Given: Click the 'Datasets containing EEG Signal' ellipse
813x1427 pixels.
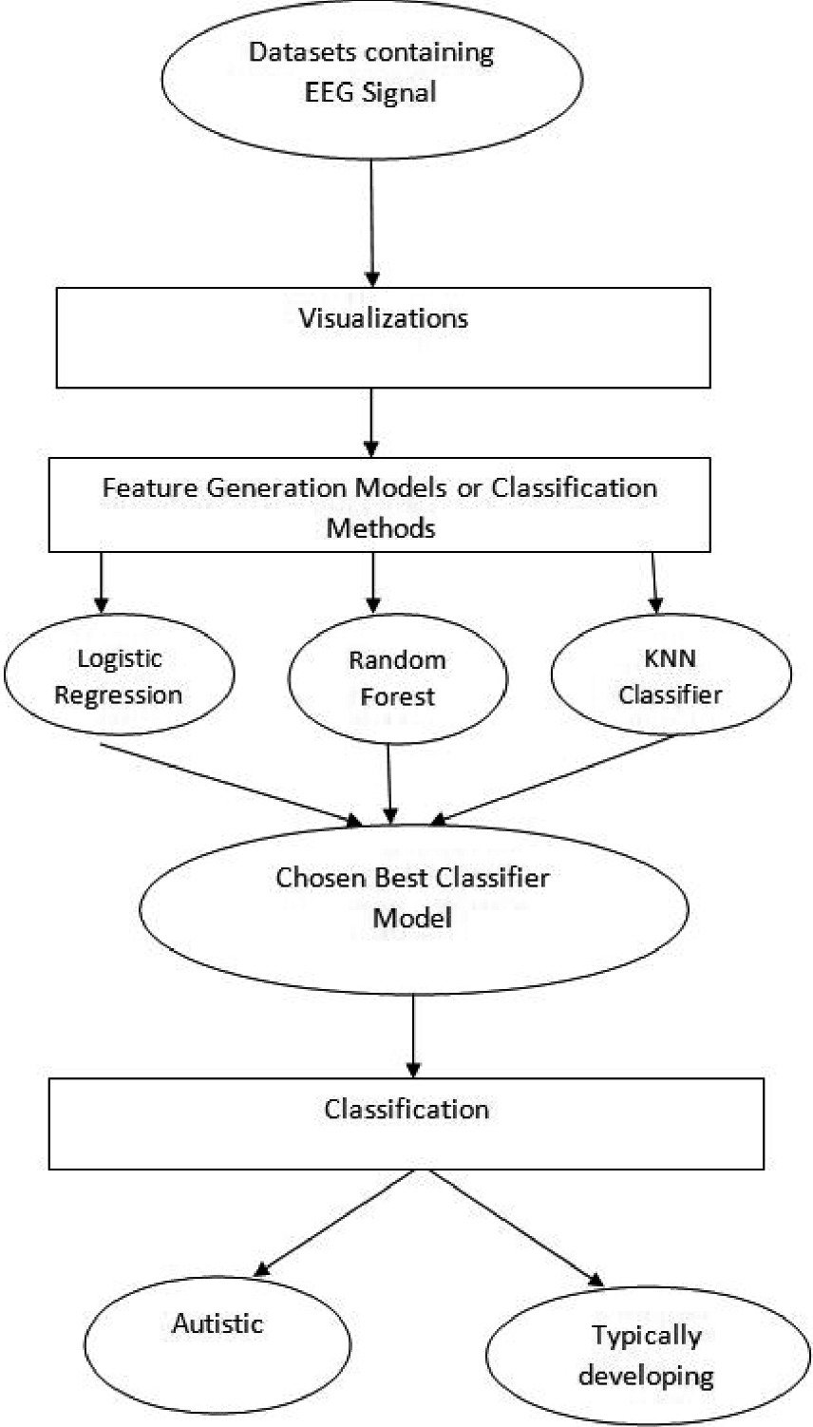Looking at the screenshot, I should point(371,80).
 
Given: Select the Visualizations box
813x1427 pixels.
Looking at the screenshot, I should point(383,338).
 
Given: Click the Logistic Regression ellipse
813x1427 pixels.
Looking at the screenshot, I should point(119,676).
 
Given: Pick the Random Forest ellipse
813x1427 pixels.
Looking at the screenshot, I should point(397,678).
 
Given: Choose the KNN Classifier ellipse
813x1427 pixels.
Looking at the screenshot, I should point(671,675).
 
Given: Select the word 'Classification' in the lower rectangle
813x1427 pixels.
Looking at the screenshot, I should point(406,1109).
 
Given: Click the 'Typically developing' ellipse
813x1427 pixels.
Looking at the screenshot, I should point(646,1355).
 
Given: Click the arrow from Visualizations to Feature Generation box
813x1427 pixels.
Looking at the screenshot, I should point(371,423).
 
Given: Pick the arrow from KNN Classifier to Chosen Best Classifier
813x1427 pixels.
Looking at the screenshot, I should point(556,778).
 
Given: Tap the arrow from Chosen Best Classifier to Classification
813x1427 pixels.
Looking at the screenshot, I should point(413,1035).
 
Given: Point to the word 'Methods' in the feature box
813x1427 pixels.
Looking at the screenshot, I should point(381,526).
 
